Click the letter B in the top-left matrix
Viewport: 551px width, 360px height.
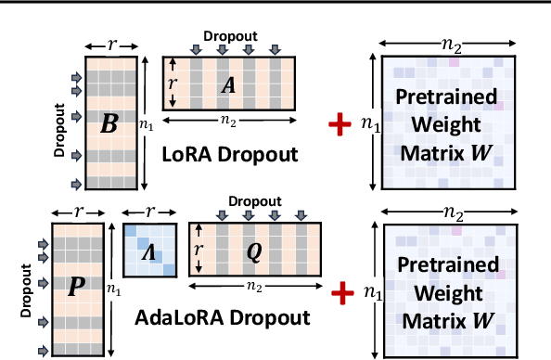(109, 122)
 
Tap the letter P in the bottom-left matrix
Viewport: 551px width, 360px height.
(76, 287)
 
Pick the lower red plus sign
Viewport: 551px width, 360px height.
(345, 292)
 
